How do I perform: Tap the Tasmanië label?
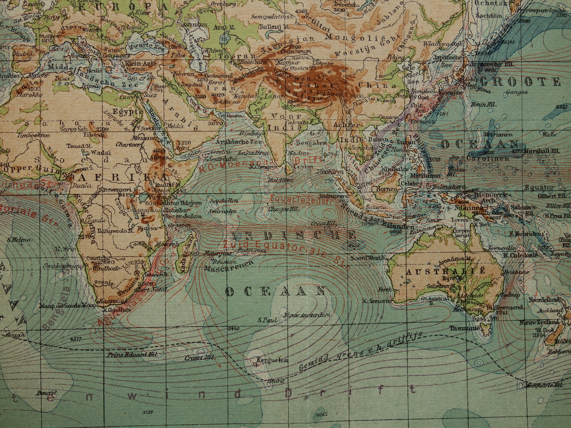click(x=464, y=328)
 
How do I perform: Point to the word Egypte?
click(x=127, y=112)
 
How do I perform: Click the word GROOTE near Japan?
click(x=520, y=82)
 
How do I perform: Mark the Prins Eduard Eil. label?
click(x=132, y=354)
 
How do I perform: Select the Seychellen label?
click(x=224, y=201)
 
